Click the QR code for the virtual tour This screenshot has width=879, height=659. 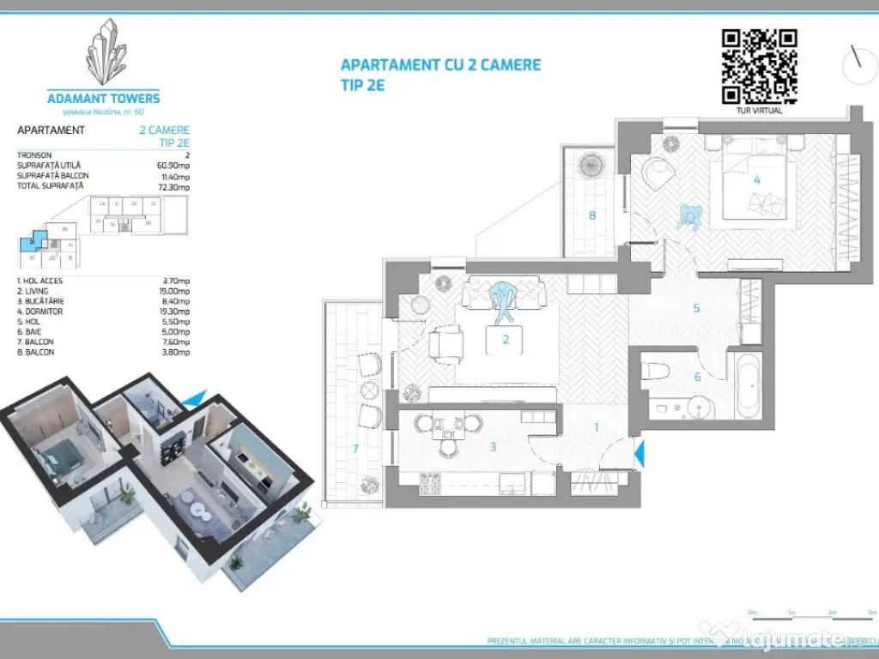[759, 66]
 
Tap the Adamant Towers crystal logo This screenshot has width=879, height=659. [104, 53]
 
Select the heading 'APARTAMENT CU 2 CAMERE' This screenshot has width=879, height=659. [440, 65]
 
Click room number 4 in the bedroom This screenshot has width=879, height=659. [756, 180]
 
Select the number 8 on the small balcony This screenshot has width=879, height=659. [591, 215]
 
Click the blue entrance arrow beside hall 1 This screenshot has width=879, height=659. [638, 452]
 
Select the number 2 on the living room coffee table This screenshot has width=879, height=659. [506, 340]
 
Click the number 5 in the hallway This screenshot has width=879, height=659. [697, 307]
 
